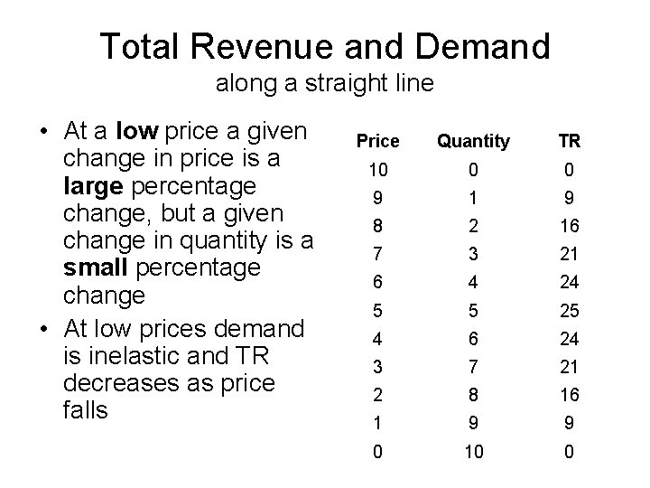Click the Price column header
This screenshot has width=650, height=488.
(377, 141)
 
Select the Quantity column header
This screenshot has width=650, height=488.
(473, 141)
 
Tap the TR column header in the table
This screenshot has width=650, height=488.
(569, 141)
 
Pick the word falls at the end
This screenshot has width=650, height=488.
(86, 410)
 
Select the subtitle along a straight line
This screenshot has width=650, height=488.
(325, 85)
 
